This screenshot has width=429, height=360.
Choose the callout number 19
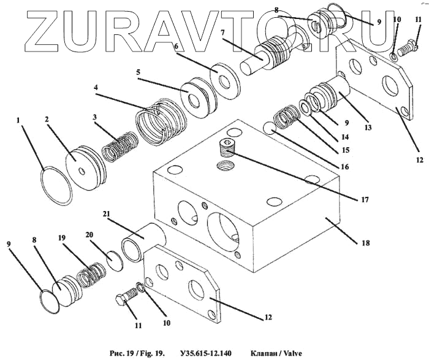61,237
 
